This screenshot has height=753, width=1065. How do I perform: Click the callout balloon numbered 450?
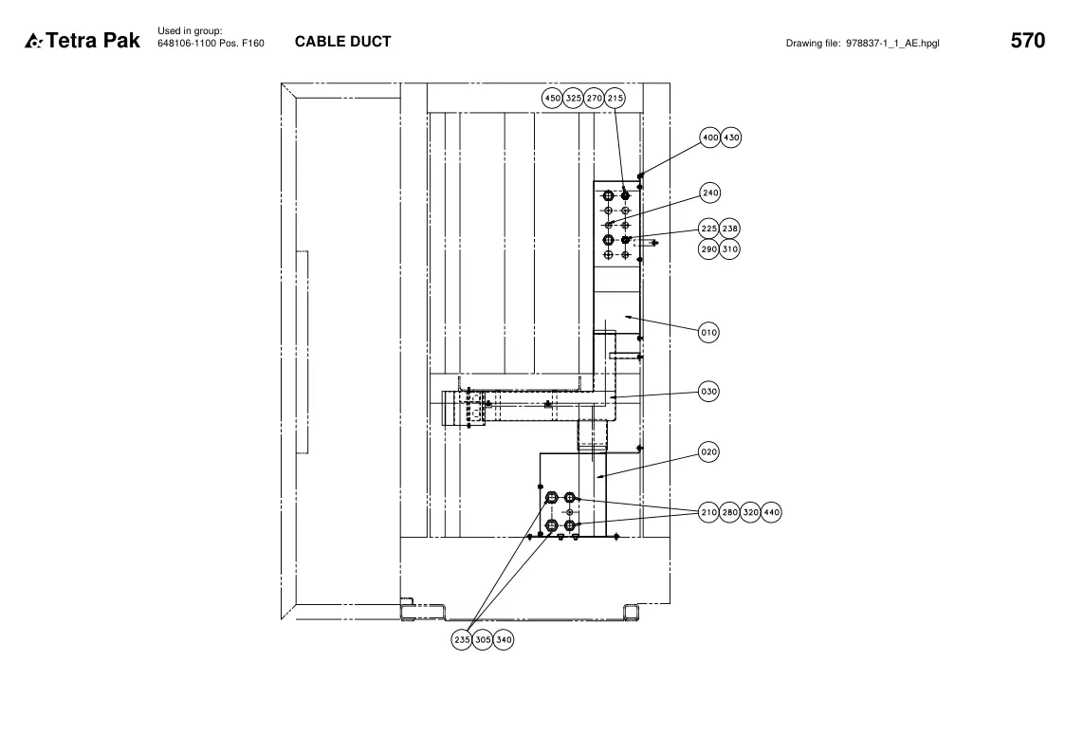click(552, 98)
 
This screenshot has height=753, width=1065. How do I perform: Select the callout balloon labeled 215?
click(615, 98)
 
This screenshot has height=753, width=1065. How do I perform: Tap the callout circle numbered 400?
click(709, 138)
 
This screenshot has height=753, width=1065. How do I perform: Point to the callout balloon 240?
click(709, 193)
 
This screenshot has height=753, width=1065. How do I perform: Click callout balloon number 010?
click(708, 333)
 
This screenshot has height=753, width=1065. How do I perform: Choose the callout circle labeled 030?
click(708, 392)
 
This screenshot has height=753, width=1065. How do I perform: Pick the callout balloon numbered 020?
click(708, 452)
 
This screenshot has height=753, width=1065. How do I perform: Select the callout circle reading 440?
click(771, 512)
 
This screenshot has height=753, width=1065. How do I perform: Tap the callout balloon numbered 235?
click(462, 639)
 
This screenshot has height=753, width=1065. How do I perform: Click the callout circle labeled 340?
click(504, 639)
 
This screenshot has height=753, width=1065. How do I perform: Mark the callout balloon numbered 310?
click(729, 249)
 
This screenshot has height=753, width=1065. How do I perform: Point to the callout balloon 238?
click(729, 229)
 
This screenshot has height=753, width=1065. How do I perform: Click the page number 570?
click(1028, 41)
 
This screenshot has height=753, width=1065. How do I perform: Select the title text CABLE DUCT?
click(343, 42)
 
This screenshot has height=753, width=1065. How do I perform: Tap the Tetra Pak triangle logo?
click(33, 42)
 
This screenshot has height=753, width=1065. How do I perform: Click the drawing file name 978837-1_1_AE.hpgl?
click(892, 44)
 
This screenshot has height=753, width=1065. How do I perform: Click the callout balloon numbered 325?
click(573, 98)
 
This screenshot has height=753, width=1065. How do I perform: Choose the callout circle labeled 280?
click(729, 512)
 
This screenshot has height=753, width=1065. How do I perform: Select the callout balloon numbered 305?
click(483, 639)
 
